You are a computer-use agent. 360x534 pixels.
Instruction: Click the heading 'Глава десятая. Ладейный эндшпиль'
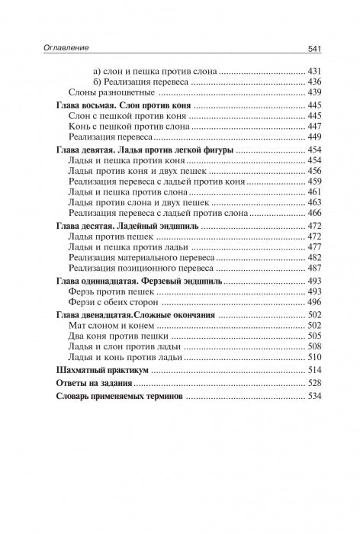click(x=128, y=227)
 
